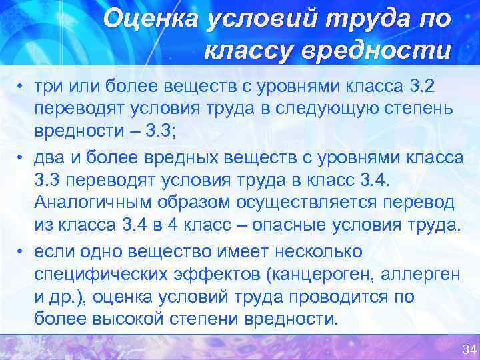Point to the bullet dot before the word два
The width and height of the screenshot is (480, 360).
tap(21, 157)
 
